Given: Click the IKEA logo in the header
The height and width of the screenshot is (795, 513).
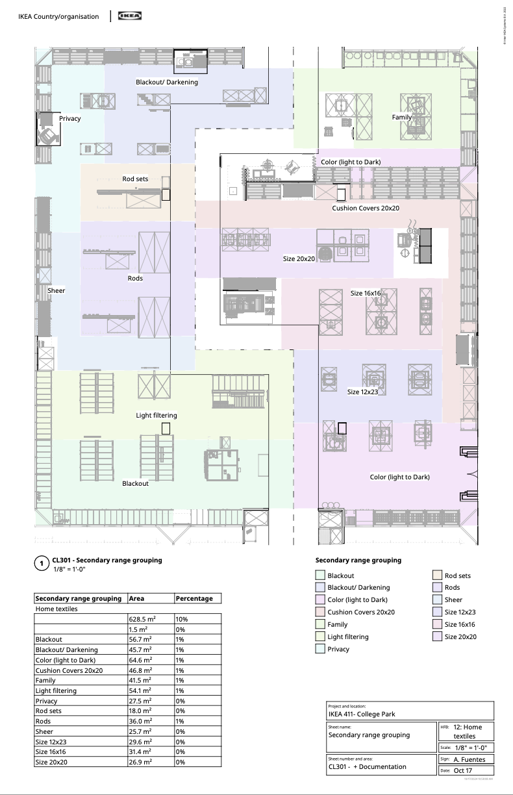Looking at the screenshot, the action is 130,16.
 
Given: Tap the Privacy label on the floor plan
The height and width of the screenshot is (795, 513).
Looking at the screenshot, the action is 70,119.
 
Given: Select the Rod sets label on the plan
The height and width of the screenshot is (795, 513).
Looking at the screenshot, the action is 136,179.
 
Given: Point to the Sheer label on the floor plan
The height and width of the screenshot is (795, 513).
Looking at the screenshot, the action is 56,290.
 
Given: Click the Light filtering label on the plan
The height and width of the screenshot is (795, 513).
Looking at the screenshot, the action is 156,415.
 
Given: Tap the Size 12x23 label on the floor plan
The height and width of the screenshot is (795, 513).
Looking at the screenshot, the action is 362,392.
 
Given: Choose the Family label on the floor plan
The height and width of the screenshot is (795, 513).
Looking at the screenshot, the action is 401,117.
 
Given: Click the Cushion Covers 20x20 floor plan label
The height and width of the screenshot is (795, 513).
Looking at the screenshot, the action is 366,208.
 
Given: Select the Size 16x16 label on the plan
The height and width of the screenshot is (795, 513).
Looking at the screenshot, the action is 366,294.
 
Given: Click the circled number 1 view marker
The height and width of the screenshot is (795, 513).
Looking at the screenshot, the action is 42,564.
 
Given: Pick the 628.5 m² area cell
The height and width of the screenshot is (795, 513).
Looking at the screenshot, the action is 141,620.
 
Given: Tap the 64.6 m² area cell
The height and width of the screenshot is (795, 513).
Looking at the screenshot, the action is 140,660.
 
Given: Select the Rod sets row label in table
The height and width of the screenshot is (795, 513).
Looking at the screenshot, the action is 49,711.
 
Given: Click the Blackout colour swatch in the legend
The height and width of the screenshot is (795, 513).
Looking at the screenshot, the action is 320,575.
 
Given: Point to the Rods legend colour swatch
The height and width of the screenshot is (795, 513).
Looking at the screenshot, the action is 438,588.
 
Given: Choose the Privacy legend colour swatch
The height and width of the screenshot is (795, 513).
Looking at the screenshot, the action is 320,649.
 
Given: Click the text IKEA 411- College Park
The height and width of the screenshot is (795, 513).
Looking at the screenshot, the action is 362,714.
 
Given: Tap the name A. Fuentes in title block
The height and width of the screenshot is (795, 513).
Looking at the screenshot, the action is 469,759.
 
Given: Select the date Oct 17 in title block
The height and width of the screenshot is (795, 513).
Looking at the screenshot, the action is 463,770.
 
